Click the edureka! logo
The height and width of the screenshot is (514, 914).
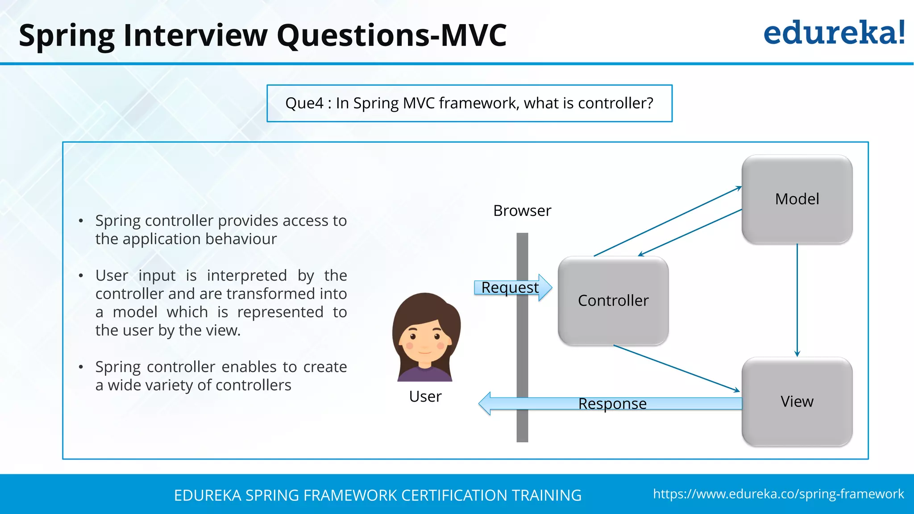pyautogui.click(x=834, y=33)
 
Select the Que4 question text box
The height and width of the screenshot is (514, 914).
pyautogui.click(x=469, y=103)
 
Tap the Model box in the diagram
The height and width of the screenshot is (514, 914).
pyautogui.click(x=797, y=199)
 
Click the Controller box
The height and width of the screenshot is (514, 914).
pyautogui.click(x=613, y=300)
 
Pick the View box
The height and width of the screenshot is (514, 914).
pyautogui.click(x=797, y=402)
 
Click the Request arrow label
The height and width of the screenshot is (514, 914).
pyautogui.click(x=510, y=287)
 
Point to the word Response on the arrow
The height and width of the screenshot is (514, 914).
pyautogui.click(x=612, y=403)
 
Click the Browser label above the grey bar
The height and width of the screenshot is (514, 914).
pyautogui.click(x=522, y=211)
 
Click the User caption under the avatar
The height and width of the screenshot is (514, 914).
pyautogui.click(x=425, y=396)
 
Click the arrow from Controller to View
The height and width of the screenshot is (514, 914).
pyautogui.click(x=676, y=368)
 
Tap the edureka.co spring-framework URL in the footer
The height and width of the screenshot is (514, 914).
pyautogui.click(x=778, y=494)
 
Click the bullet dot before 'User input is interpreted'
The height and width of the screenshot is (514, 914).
pyautogui.click(x=81, y=276)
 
